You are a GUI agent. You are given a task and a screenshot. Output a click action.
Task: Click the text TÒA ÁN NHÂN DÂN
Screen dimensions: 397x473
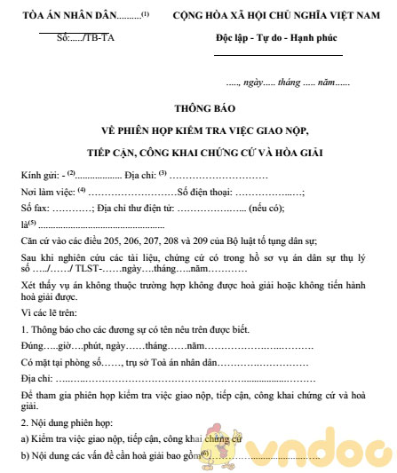click(x=71, y=15)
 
